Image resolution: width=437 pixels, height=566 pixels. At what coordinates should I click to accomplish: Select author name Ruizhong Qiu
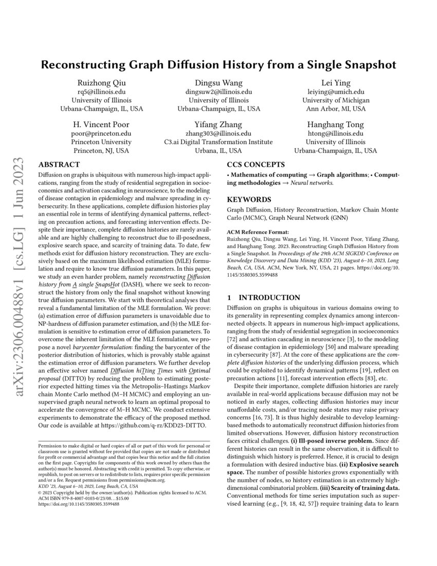tap(101, 83)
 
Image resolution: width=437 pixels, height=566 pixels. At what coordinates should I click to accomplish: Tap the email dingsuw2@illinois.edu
tap(219, 92)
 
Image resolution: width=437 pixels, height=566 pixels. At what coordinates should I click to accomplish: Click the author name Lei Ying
tap(335, 83)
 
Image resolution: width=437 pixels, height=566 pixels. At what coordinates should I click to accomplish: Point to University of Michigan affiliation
tap(335, 100)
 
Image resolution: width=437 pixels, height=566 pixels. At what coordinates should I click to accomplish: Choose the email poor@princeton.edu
tap(101, 133)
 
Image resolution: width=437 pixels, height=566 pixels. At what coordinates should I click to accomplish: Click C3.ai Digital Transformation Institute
tap(219, 142)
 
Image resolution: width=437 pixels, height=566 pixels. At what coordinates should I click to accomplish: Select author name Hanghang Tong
tap(335, 125)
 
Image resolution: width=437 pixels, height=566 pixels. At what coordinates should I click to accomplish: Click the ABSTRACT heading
tap(59, 165)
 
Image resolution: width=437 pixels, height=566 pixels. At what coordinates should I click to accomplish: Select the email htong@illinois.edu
tap(335, 133)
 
